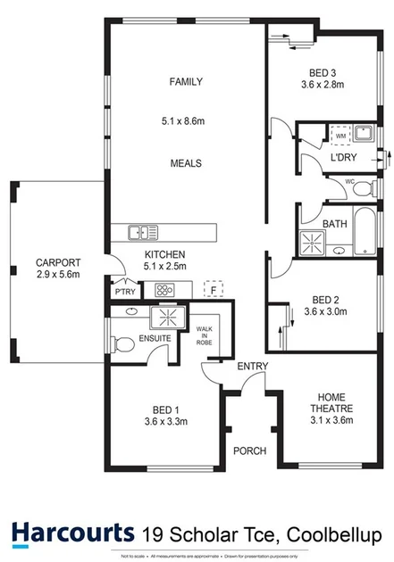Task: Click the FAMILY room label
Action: coord(186,82)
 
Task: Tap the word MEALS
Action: coord(186,164)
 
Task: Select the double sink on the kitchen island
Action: coord(141,233)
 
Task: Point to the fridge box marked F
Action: coord(214,288)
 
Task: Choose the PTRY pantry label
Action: coord(124,291)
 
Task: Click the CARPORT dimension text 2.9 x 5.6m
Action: coord(58,275)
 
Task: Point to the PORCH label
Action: coord(249,450)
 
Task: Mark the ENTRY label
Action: coord(254,367)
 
